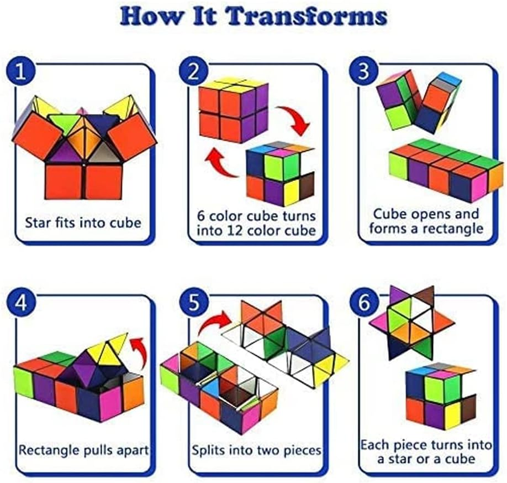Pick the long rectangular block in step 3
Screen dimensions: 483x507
click(x=446, y=171)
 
